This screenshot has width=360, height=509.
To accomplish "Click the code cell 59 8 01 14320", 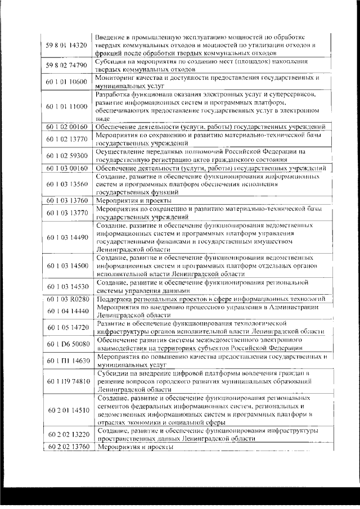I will pyautogui.click(x=66, y=45).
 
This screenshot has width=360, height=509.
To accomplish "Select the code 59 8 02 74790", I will pyautogui.click(x=66, y=66).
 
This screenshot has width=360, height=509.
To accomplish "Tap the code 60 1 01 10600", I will pyautogui.click(x=66, y=82).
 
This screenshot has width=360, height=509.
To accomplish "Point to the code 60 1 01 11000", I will pyautogui.click(x=66, y=106).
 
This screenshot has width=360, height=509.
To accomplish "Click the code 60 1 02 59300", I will pyautogui.click(x=66, y=156).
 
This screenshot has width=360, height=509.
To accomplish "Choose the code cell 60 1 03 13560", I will pyautogui.click(x=66, y=184).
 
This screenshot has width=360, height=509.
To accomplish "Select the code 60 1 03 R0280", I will pyautogui.click(x=66, y=299).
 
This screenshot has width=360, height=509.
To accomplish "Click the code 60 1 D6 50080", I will pyautogui.click(x=66, y=344).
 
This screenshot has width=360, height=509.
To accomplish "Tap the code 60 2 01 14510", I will pyautogui.click(x=66, y=411).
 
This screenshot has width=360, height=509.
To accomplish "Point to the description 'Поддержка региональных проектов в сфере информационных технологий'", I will pyautogui.click(x=209, y=299).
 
